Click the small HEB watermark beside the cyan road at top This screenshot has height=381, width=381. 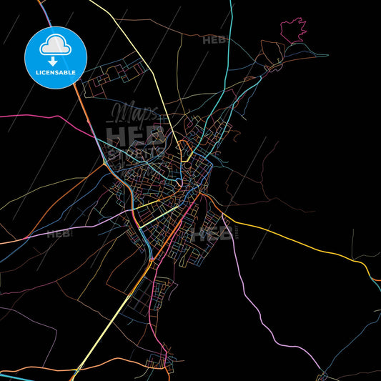point(214,40)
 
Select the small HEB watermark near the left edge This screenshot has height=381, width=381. point(59,233)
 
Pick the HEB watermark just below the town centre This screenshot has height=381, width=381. point(212,233)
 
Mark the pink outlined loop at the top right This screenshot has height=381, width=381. point(293,31)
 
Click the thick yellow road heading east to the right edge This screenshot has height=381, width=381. point(300,243)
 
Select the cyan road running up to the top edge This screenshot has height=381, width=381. point(230,43)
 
